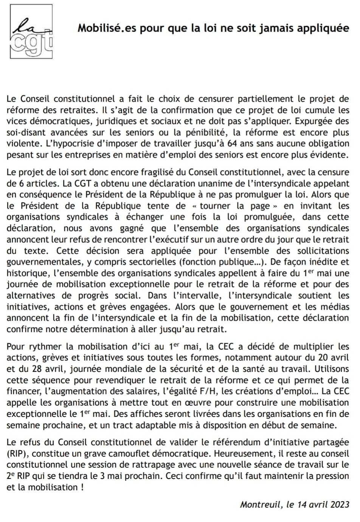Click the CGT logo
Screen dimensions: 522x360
[31, 31]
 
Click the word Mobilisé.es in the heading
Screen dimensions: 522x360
[107, 28]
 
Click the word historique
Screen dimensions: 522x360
[25, 273]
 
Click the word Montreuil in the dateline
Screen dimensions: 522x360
[261, 504]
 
